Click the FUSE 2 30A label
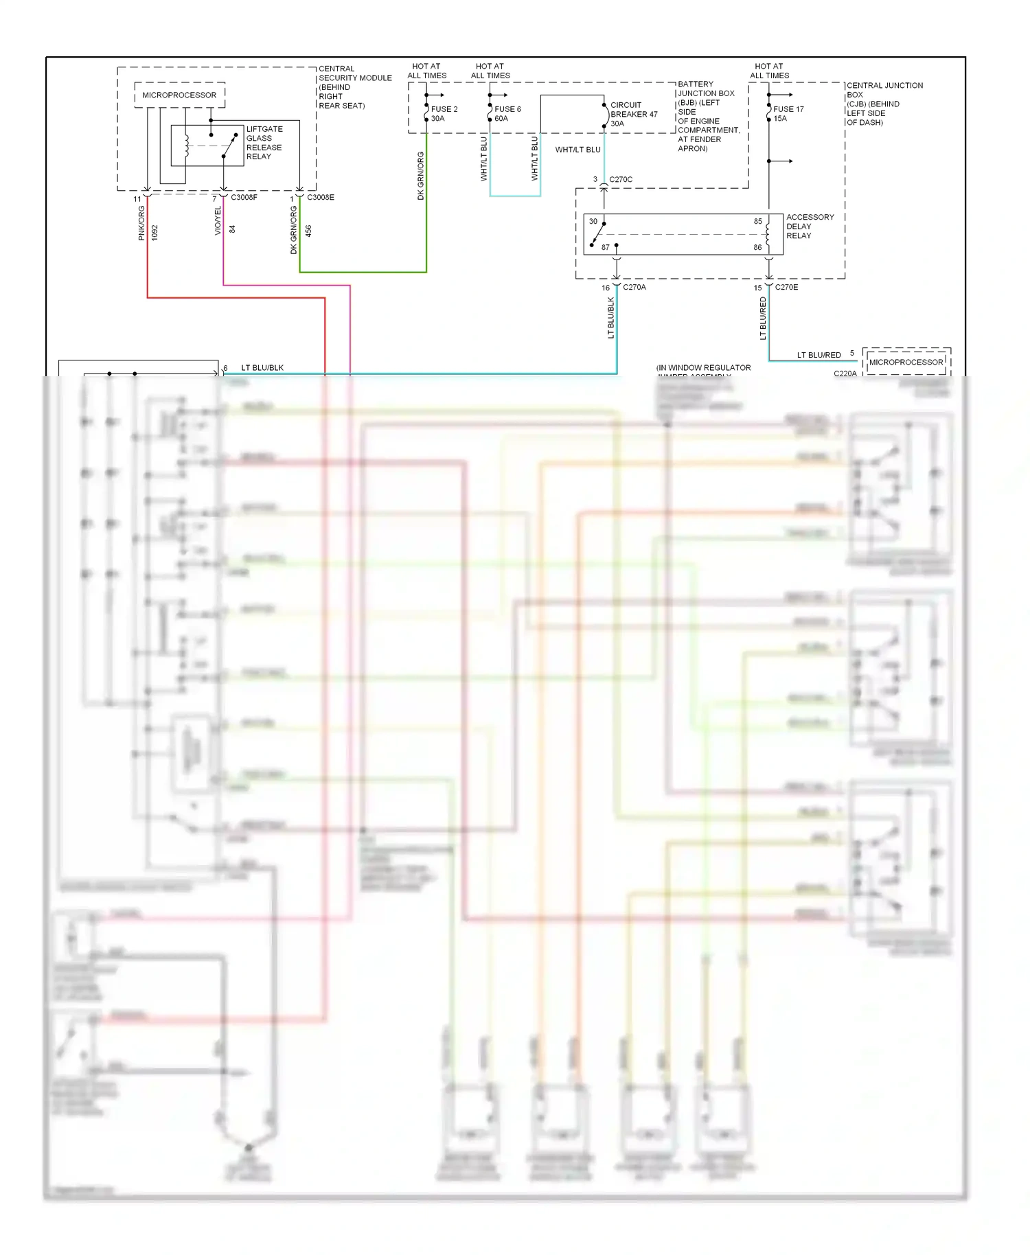[444, 114]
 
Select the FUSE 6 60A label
[507, 114]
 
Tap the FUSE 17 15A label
[788, 114]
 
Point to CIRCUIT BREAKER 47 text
[633, 115]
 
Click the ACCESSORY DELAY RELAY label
[810, 227]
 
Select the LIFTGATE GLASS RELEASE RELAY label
[264, 143]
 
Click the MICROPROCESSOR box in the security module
[179, 95]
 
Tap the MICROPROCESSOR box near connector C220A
[906, 362]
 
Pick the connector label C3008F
[244, 198]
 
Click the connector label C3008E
[321, 198]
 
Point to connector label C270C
[621, 180]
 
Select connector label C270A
[634, 288]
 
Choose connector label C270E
[786, 288]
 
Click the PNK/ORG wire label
[141, 224]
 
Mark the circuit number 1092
[155, 232]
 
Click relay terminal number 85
[757, 222]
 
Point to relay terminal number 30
[593, 222]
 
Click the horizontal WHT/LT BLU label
[577, 150]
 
